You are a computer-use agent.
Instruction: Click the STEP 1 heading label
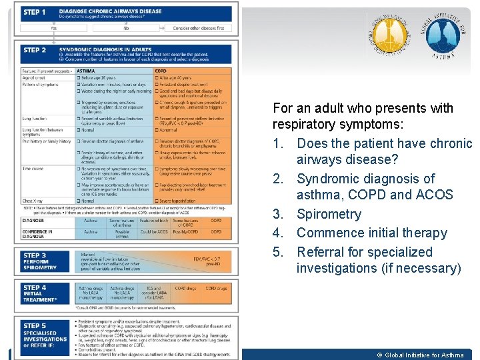(x=35, y=13)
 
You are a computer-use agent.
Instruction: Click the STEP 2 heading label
(x=35, y=51)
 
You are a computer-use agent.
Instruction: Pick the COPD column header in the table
(x=161, y=70)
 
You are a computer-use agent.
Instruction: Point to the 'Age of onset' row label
(x=33, y=77)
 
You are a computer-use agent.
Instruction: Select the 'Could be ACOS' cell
(x=153, y=232)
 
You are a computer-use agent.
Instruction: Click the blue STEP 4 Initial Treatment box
(x=40, y=293)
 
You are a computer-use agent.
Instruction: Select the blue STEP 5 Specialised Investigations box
(x=40, y=333)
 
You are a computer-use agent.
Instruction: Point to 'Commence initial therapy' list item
(x=371, y=233)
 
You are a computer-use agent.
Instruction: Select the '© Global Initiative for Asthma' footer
(x=421, y=355)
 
